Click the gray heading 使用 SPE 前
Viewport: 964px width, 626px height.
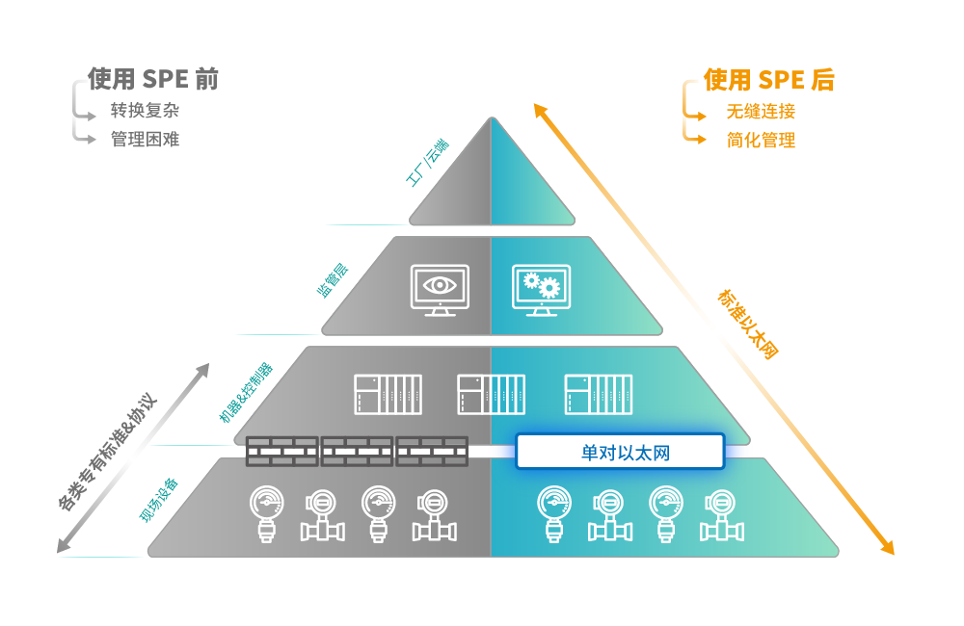[x=153, y=80]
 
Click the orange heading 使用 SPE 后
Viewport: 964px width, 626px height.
[x=767, y=80]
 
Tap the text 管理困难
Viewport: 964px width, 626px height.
[x=145, y=138]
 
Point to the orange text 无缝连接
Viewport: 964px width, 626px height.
[x=761, y=112]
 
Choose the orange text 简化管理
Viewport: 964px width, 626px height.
[x=761, y=140]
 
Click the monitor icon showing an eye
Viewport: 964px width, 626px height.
[x=440, y=289]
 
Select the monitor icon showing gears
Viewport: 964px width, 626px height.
[x=541, y=289]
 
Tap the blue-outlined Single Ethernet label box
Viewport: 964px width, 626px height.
[x=619, y=452]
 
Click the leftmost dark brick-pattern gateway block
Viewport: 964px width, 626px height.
[x=281, y=450]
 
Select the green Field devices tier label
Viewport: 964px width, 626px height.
[x=159, y=500]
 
